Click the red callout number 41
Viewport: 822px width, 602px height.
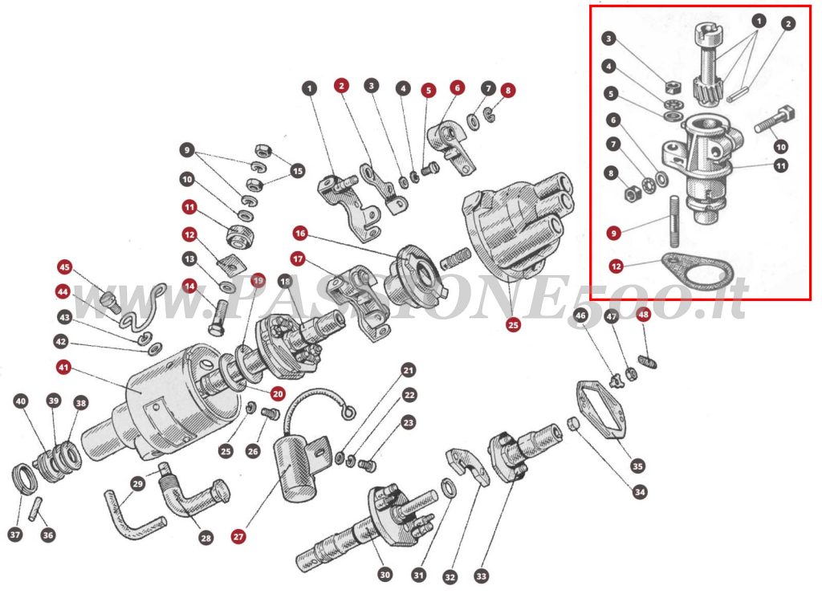(64, 368)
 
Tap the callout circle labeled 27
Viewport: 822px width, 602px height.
(238, 537)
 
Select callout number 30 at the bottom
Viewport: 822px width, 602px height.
(385, 575)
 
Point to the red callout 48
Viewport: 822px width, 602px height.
(643, 315)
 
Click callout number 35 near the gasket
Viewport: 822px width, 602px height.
(637, 466)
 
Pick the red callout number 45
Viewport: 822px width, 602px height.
(64, 267)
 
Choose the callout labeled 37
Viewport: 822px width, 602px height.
(15, 534)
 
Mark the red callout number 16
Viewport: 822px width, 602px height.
(299, 234)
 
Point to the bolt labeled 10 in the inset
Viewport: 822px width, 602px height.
(775, 120)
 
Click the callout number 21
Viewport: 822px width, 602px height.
(409, 371)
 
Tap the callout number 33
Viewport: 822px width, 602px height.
(481, 576)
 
